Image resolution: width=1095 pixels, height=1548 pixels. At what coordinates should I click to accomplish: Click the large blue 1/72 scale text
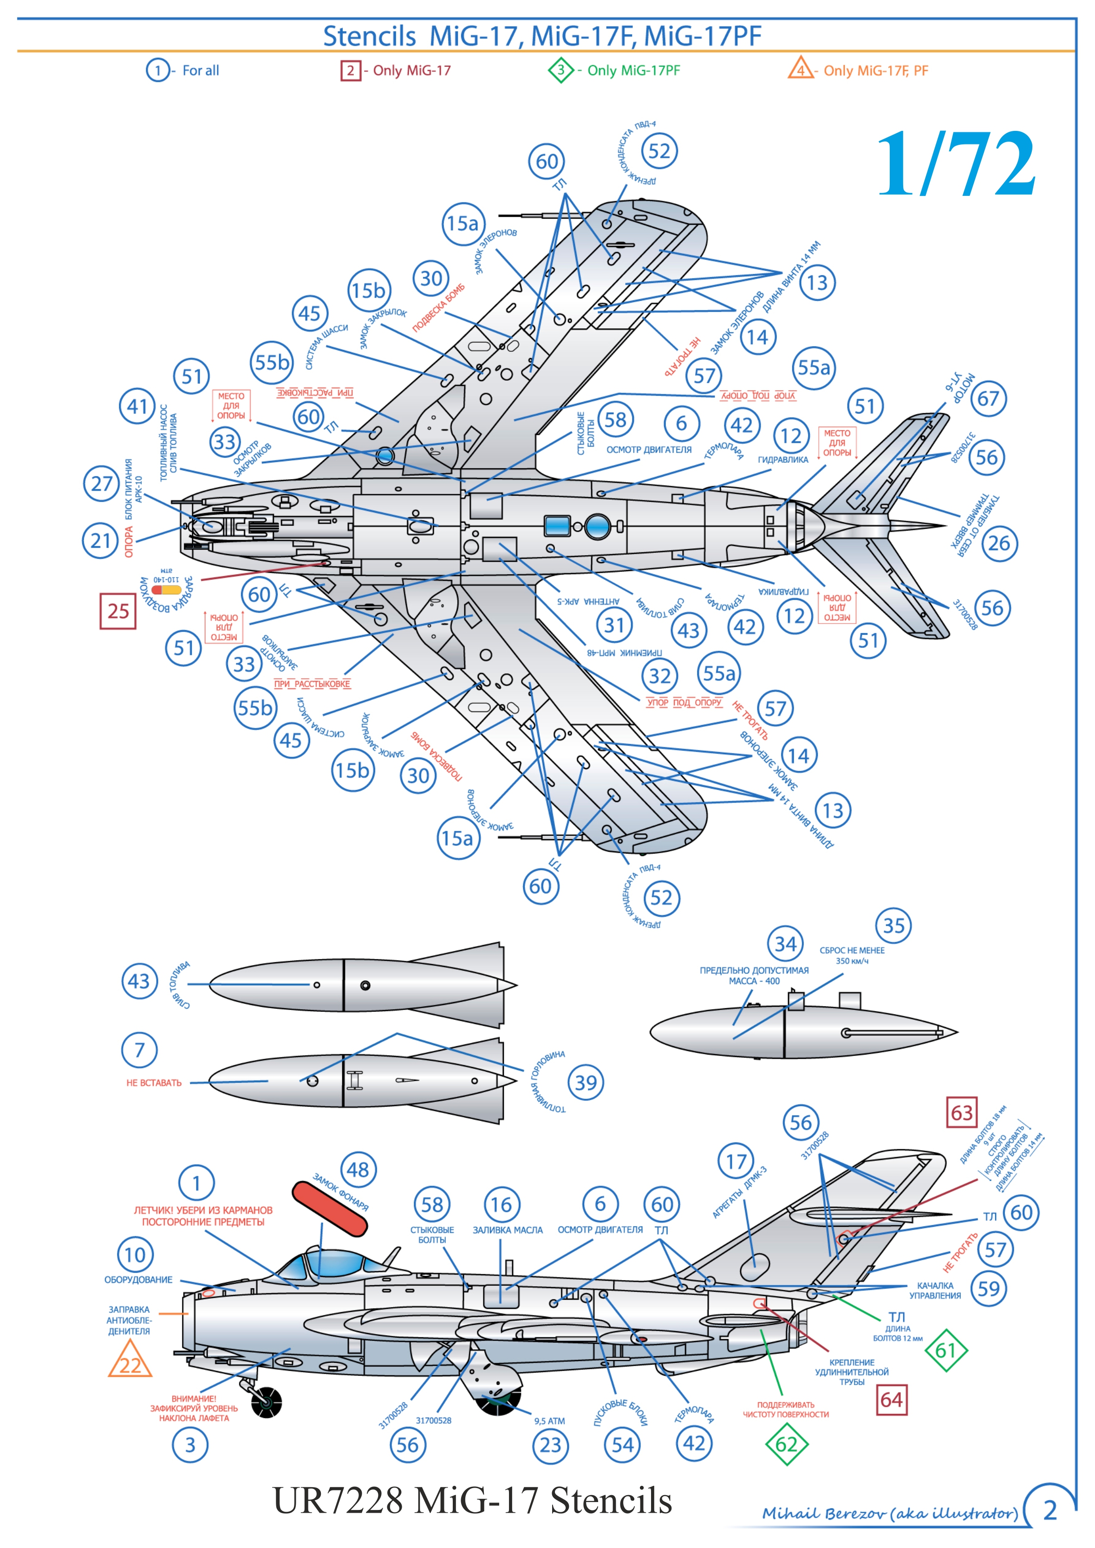tap(956, 164)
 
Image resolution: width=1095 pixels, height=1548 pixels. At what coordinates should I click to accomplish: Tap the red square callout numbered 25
tap(118, 611)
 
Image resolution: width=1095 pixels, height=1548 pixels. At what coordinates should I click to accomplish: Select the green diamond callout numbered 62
tap(786, 1444)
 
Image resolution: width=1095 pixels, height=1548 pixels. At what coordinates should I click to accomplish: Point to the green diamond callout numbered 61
tap(946, 1350)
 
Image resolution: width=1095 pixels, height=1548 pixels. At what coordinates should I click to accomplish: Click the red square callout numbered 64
tap(891, 1399)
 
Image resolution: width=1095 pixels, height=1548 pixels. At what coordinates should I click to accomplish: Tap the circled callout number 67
tap(988, 398)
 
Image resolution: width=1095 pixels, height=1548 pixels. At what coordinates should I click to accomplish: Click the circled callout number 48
tap(358, 1170)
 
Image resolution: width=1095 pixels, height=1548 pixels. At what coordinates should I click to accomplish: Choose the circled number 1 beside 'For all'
tap(158, 70)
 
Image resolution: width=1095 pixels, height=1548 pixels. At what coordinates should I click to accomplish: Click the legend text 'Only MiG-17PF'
tap(633, 70)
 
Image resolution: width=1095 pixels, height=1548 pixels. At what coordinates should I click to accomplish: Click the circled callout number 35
tap(893, 926)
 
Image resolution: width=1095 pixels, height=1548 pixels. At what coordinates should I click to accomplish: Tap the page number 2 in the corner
tap(1050, 1511)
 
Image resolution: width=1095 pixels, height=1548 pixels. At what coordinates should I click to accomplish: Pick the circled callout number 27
tap(101, 483)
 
